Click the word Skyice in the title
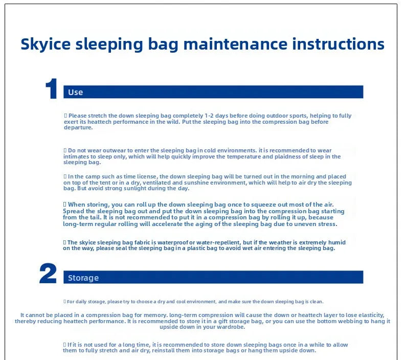46,44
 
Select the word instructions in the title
339,44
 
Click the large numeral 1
52,88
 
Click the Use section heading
76,92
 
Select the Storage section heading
83,278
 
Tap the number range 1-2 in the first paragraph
209,116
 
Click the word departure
78,127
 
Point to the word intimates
74,156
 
